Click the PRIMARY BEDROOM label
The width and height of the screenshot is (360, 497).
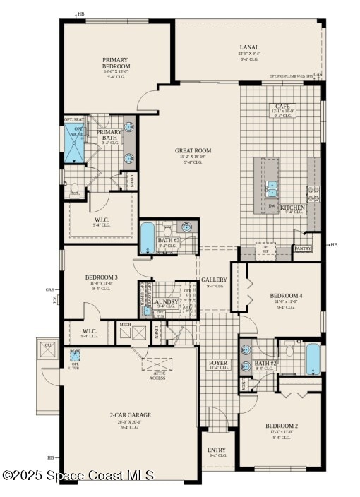click(116, 64)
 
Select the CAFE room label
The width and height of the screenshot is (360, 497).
click(282, 107)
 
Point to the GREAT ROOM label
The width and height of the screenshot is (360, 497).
click(193, 151)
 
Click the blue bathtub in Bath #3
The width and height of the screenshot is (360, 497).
click(146, 238)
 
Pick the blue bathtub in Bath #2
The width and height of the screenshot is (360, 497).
click(313, 359)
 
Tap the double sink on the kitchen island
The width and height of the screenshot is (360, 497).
click(272, 189)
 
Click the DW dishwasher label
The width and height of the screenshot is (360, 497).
click(272, 207)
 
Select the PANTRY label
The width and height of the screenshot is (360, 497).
click(303, 248)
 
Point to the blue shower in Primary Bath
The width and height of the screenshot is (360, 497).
click(75, 144)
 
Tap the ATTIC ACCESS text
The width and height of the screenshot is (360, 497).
click(157, 375)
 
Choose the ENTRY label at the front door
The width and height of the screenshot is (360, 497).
click(217, 450)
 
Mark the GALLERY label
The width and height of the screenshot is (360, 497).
click(214, 280)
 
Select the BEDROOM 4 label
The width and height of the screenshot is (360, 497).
click(286, 295)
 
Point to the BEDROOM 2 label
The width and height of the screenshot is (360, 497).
click(282, 426)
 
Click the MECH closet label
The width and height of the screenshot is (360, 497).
click(125, 325)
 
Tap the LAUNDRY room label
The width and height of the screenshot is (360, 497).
click(166, 301)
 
